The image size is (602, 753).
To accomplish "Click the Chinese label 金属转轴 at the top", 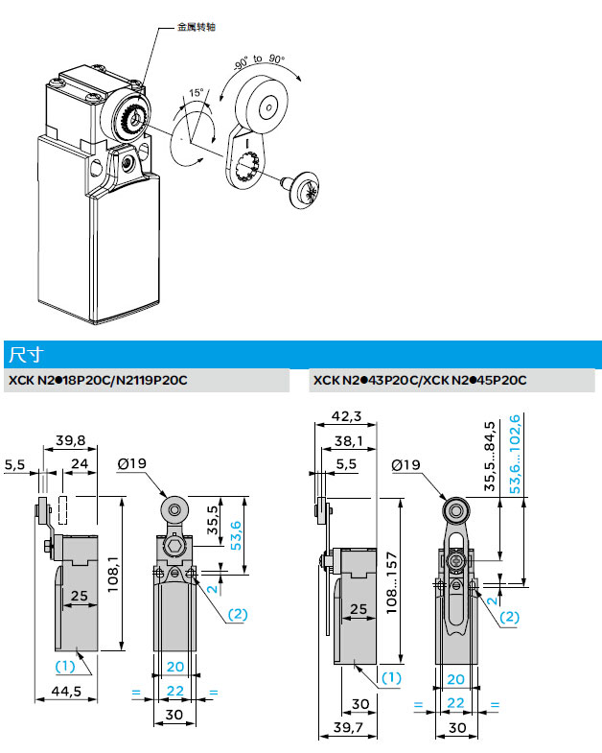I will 197,26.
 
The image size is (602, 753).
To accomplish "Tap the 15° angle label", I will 197,93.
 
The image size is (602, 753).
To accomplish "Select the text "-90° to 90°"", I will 259,59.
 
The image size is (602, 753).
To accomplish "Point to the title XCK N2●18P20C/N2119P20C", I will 97,381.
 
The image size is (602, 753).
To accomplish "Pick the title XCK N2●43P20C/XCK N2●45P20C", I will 419,381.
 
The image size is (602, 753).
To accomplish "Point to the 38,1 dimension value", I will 347,441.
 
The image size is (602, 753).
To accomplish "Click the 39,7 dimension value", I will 346,729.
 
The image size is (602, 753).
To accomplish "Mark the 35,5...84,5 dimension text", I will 490,457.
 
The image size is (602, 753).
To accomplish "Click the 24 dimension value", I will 81,464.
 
